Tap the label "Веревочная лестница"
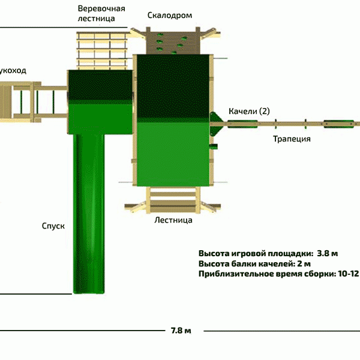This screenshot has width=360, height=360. [101, 14]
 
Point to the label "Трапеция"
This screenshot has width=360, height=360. [292, 139]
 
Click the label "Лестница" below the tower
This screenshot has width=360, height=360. [173, 220]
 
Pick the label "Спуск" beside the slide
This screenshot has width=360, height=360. [53, 226]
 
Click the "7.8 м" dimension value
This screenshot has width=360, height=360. [181, 331]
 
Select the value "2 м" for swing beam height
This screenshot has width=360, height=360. [304, 263]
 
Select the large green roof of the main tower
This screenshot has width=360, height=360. [172, 120]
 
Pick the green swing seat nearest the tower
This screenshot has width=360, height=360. [242, 124]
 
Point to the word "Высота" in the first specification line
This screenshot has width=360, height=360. [214, 253]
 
